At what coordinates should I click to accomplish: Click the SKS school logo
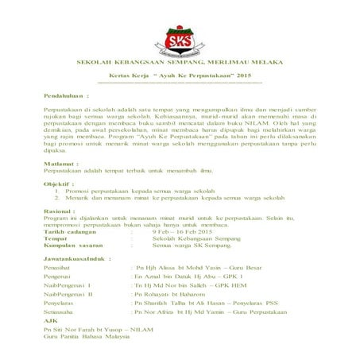click(180, 38)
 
